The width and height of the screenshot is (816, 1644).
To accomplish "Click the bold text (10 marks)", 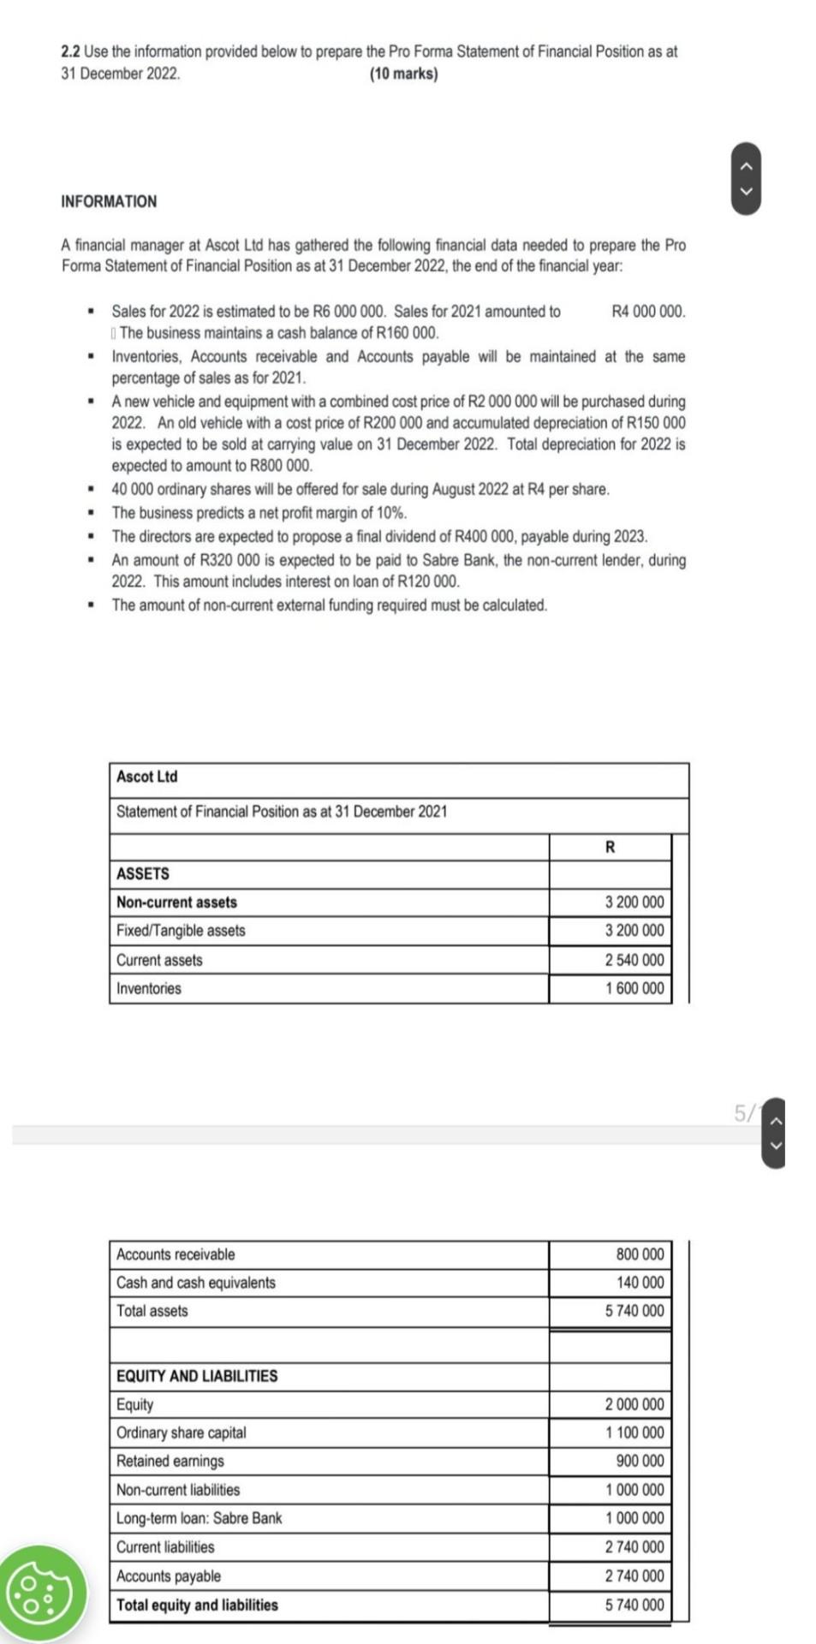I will point(403,74).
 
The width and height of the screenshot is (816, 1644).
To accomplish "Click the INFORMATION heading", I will point(109,201).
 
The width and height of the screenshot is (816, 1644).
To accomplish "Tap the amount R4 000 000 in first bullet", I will point(648,312).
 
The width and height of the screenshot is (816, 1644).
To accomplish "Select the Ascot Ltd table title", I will point(147,777).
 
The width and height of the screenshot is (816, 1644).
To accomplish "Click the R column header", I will point(610,847).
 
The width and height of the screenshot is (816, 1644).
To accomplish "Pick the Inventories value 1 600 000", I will point(634,988).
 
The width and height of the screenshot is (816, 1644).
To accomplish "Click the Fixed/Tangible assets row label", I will point(181,931).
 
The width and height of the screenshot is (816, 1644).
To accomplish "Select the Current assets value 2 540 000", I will point(634,960).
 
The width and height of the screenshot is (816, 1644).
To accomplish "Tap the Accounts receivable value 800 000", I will point(640,1254).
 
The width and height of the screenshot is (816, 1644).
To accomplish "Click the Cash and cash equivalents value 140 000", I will point(640,1283).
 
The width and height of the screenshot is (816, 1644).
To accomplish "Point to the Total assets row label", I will point(152,1311).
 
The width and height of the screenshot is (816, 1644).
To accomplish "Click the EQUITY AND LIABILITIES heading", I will point(197,1376).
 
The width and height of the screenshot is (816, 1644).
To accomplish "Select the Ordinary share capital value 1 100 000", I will point(634,1433).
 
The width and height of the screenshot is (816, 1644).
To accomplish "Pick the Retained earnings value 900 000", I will point(640,1461).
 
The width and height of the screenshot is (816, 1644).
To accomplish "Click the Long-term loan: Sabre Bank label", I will point(199,1518).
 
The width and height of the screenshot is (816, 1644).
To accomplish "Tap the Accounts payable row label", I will point(169,1576).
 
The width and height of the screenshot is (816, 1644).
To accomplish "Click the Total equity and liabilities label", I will point(197,1605).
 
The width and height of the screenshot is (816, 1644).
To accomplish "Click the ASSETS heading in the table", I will point(143,873).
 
